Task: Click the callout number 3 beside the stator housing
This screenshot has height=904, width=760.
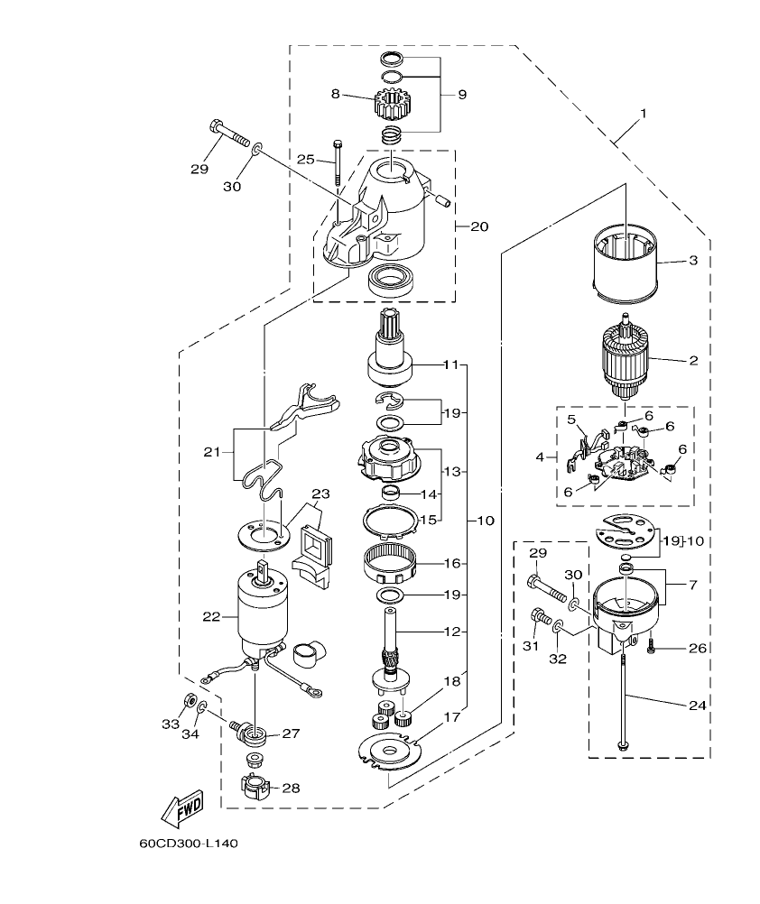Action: point(693,261)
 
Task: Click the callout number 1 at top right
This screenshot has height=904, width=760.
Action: point(644,114)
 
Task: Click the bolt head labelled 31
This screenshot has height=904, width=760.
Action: point(541,619)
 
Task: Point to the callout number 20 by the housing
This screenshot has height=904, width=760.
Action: point(479,226)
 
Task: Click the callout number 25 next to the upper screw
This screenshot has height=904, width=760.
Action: point(306,159)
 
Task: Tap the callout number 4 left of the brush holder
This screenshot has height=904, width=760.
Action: point(541,457)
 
